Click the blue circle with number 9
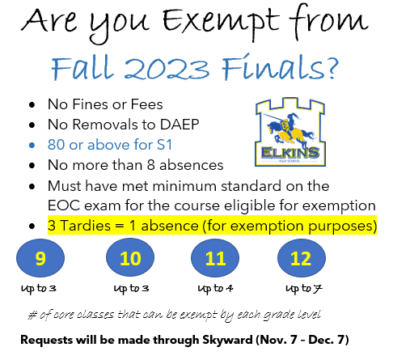coord(40,258)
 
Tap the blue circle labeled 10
coord(130,257)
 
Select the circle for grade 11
coord(215,258)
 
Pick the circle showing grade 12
coord(302,258)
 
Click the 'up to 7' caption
coord(304,289)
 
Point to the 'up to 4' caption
coord(215,289)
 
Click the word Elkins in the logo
coord(290,153)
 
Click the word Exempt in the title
coord(221,22)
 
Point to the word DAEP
coord(180,125)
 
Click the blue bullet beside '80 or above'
coord(32,146)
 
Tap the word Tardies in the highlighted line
coord(85,226)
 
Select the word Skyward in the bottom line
coord(227,340)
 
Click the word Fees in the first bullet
coord(146,104)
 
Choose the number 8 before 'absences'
coord(151,165)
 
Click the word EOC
coord(64,205)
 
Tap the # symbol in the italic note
coord(32,315)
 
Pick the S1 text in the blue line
coord(164,145)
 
